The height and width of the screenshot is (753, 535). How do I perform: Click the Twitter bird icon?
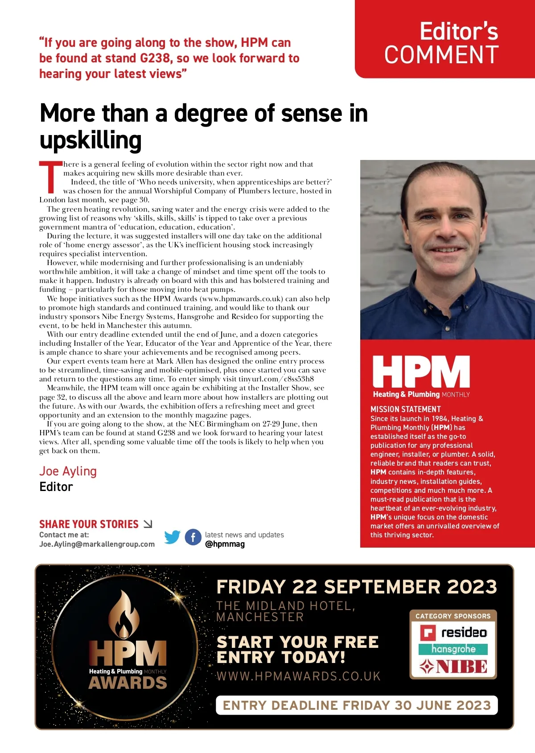click(x=172, y=537)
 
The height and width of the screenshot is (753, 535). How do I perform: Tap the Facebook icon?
click(x=193, y=537)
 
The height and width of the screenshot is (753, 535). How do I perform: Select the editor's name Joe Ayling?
click(x=68, y=471)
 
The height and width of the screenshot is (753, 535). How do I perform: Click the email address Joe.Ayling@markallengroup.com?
click(x=97, y=544)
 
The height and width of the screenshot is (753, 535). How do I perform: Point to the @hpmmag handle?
click(x=225, y=544)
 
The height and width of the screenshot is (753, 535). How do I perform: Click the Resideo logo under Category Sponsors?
click(x=453, y=633)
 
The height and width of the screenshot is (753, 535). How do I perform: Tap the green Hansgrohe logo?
click(x=453, y=649)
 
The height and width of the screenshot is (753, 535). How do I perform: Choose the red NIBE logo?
click(x=453, y=667)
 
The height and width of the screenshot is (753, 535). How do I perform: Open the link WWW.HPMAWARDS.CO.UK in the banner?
click(x=299, y=676)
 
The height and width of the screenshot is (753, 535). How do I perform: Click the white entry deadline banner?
click(x=357, y=705)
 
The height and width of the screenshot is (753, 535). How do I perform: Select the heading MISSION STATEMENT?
click(x=405, y=409)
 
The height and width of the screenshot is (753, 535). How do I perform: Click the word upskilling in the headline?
click(x=91, y=140)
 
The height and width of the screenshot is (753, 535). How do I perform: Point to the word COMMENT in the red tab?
click(x=441, y=55)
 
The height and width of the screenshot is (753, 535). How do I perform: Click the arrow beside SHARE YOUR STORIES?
click(x=148, y=524)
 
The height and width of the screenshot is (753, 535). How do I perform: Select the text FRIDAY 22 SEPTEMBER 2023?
click(x=357, y=587)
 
